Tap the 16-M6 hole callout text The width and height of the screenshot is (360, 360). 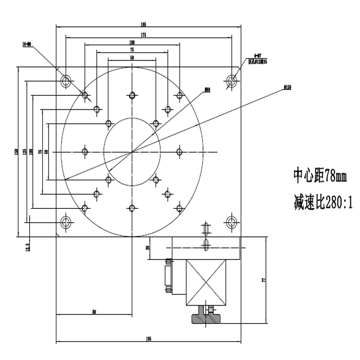tap(27, 44)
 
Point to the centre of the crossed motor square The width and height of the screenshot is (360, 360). tap(206, 281)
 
